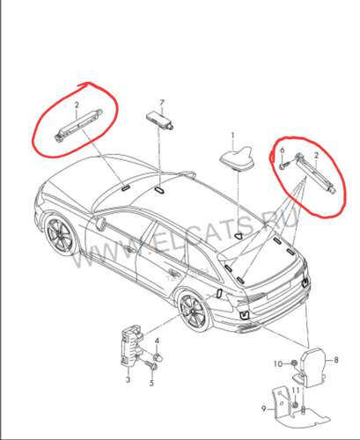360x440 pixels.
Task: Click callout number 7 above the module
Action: tap(162, 103)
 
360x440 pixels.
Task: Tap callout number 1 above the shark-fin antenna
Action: tap(233, 136)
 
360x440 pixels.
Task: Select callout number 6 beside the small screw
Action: tap(283, 150)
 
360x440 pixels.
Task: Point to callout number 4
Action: tap(151, 383)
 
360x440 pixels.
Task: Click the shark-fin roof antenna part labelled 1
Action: tap(238, 158)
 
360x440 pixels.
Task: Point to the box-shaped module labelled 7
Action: tap(159, 120)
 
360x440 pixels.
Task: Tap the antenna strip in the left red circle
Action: tap(78, 125)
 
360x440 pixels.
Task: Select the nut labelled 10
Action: tap(293, 363)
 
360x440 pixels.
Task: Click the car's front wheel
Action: tap(61, 237)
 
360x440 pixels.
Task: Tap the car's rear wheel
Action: tap(195, 312)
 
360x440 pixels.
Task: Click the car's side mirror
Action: tap(100, 223)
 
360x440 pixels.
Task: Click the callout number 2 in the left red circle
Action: tap(77, 106)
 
